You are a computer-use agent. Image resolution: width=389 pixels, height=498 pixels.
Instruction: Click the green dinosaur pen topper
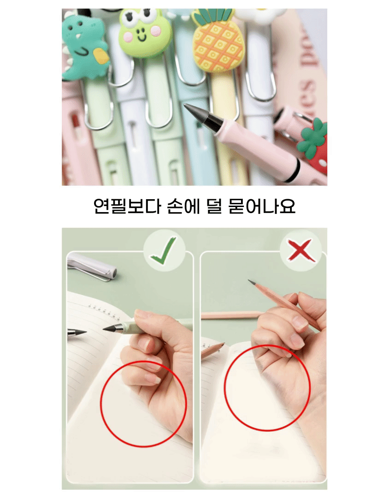click(x=84, y=47)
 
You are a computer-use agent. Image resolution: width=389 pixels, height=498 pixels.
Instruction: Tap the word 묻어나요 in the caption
click(x=262, y=206)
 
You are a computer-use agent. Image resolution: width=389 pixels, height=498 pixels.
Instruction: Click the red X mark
click(x=300, y=250)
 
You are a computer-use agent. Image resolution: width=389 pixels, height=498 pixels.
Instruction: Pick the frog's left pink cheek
click(x=128, y=36)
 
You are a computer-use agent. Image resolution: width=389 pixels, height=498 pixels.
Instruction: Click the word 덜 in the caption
click(x=214, y=206)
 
